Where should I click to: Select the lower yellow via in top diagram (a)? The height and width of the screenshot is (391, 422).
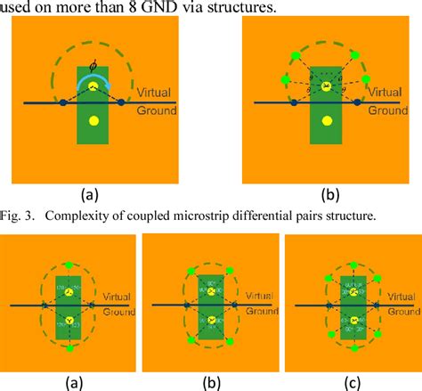click(x=93, y=120)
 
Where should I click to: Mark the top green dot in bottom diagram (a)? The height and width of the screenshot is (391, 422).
click(x=69, y=265)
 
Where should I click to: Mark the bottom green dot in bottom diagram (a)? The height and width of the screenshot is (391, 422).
click(x=69, y=348)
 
